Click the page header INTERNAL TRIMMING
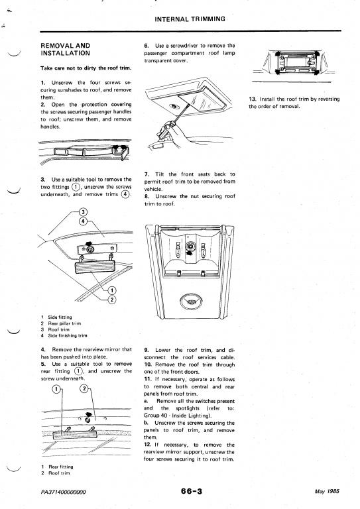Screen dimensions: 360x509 (190, 19)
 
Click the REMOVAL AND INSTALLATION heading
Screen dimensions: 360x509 (66, 49)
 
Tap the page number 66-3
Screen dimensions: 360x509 (192, 491)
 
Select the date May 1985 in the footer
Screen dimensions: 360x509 (327, 492)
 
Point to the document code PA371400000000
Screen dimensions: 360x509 (63, 492)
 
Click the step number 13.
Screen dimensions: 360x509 (253, 99)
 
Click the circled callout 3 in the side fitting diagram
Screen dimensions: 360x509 (83, 212)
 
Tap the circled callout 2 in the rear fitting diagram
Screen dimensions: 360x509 (84, 389)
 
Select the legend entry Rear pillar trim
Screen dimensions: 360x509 (64, 323)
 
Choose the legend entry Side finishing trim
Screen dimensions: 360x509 (68, 335)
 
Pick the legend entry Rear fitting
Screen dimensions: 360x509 (61, 467)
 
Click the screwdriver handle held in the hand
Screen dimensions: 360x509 (166, 129)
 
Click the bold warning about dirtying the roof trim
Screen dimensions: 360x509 (86, 68)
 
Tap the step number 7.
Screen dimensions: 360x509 (147, 174)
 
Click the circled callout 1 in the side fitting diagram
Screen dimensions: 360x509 (112, 290)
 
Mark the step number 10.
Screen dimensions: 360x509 (148, 365)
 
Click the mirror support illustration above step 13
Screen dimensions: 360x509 (293, 63)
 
